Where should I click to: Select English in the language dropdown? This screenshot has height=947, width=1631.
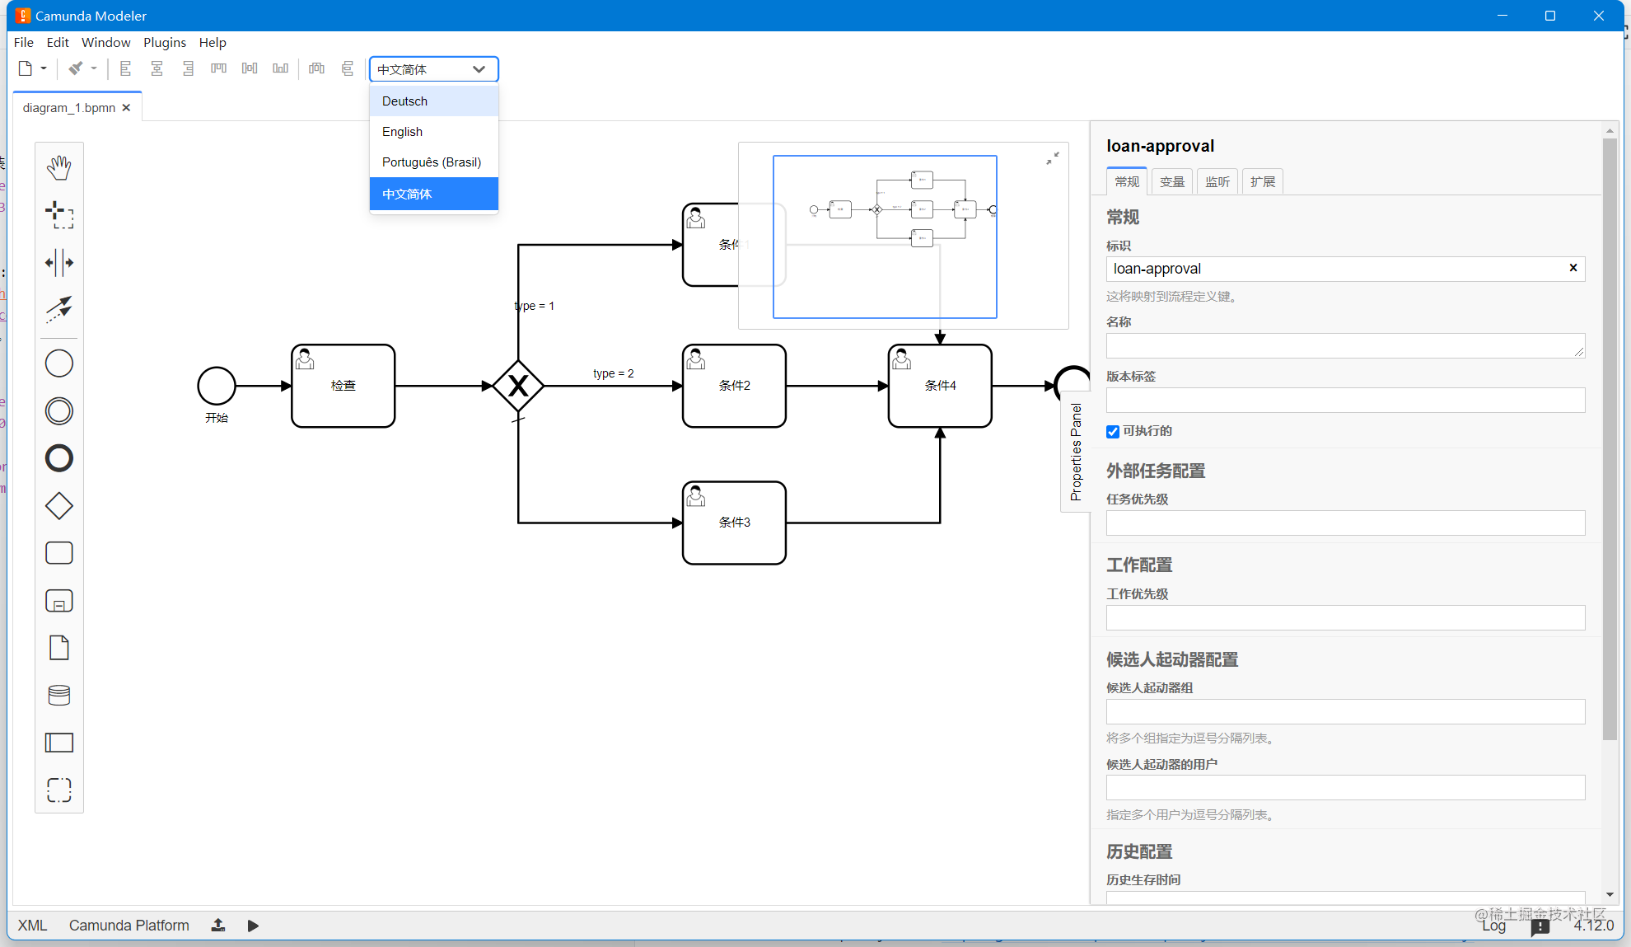click(402, 132)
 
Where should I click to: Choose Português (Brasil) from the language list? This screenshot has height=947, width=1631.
click(431, 162)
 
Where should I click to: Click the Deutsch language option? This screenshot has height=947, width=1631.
click(404, 101)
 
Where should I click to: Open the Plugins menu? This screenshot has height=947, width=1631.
click(164, 42)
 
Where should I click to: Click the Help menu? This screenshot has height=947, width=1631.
click(213, 42)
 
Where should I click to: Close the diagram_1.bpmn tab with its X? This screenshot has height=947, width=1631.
click(126, 108)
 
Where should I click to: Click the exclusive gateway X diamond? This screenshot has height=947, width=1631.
click(518, 386)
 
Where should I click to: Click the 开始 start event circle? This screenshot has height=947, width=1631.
click(217, 386)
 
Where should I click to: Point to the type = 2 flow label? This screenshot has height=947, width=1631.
click(614, 373)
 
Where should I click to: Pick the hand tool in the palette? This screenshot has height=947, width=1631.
click(59, 167)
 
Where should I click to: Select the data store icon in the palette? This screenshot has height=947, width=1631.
click(59, 696)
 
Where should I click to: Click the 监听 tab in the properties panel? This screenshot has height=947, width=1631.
click(1217, 181)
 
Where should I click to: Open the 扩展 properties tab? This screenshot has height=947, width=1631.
click(1262, 181)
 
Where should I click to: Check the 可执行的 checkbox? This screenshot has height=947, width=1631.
click(1113, 432)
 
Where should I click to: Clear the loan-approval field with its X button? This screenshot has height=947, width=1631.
click(1573, 268)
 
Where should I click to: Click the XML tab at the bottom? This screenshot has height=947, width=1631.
click(32, 926)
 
